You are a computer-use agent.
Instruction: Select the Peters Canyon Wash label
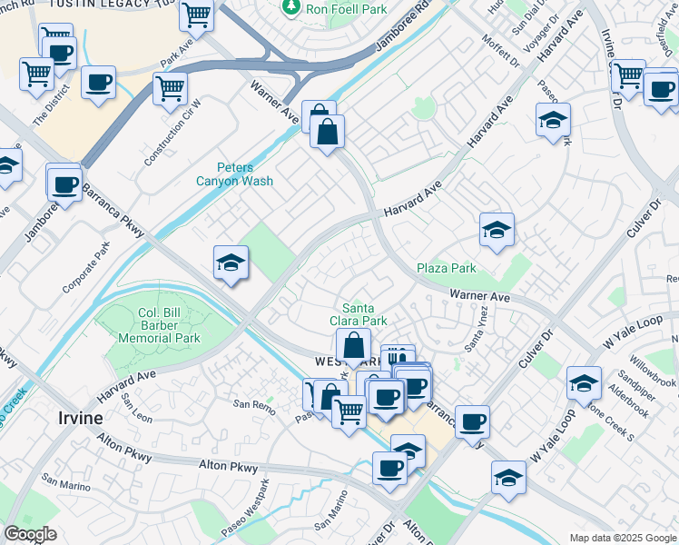[235, 173]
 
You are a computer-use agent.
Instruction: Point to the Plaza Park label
[447, 268]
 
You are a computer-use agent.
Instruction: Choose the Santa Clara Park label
[364, 314]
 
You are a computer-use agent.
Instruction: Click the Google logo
[30, 535]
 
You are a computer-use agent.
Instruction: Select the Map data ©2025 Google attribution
[622, 538]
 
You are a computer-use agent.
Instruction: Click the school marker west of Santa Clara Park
[231, 263]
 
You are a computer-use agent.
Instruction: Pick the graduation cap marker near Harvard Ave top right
[553, 120]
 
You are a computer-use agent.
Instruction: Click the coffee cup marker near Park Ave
[98, 83]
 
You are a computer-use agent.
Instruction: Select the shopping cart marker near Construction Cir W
[170, 89]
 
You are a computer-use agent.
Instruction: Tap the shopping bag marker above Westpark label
[353, 346]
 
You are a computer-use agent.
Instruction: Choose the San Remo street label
[253, 403]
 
